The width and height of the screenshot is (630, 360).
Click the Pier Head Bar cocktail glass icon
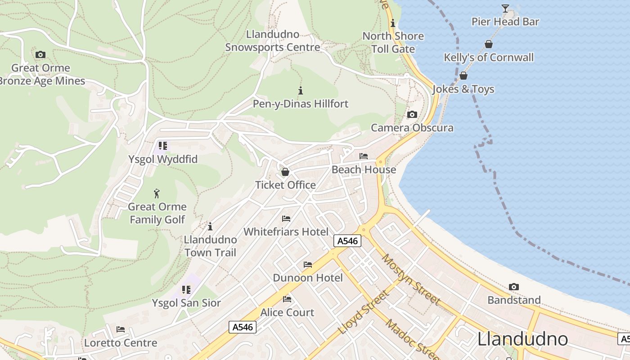click(505, 9)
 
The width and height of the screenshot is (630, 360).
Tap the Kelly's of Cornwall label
click(489, 57)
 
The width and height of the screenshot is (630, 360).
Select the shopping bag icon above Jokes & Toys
click(463, 76)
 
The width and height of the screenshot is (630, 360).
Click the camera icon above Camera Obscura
click(412, 114)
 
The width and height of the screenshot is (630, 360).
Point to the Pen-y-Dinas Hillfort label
click(301, 104)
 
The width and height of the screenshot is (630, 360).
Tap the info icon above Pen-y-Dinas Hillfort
click(301, 90)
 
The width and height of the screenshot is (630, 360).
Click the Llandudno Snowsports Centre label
click(273, 41)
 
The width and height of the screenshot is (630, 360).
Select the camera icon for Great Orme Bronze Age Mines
click(40, 54)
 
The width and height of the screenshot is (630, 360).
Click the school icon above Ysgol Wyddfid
click(163, 146)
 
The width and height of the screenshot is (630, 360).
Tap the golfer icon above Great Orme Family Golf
click(157, 193)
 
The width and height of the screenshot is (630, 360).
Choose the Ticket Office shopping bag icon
click(285, 172)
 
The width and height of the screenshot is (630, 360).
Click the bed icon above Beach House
click(364, 156)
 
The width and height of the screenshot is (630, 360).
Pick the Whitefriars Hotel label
click(286, 232)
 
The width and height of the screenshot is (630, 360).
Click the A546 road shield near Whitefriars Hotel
click(347, 241)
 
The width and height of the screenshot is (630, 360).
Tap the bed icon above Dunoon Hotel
click(308, 264)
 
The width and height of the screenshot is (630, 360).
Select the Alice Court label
click(287, 312)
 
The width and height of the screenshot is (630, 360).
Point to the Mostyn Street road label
click(410, 279)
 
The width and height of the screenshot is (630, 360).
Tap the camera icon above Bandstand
click(513, 287)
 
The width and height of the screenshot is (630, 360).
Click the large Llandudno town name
click(522, 339)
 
